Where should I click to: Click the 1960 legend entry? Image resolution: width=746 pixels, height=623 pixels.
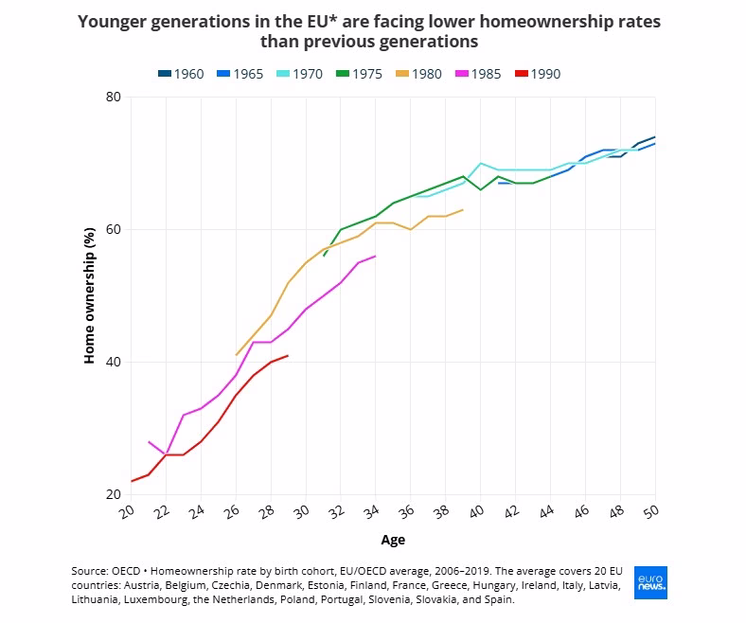(x=181, y=74)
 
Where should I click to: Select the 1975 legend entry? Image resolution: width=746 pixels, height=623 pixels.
(x=359, y=74)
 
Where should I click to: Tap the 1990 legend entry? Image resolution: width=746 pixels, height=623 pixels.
(x=538, y=74)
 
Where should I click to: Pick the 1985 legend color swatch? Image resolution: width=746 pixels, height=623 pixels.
(x=462, y=74)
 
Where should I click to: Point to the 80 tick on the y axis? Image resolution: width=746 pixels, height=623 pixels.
(x=114, y=97)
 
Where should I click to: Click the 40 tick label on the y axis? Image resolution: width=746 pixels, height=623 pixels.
(x=114, y=363)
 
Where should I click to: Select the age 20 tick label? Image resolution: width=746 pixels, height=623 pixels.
(x=127, y=511)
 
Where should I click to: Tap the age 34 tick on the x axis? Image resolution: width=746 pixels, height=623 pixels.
(x=371, y=511)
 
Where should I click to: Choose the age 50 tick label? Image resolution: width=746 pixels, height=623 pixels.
(x=651, y=511)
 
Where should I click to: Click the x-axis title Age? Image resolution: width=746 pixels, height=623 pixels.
(x=393, y=540)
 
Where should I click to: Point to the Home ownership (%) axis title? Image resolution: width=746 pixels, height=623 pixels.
(x=89, y=295)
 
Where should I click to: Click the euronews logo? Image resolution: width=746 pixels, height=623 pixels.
(x=650, y=582)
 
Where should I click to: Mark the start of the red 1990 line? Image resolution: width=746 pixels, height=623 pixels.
(x=132, y=481)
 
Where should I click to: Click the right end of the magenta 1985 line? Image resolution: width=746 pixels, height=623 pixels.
(x=376, y=256)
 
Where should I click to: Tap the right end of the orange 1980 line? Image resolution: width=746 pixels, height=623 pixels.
(x=463, y=209)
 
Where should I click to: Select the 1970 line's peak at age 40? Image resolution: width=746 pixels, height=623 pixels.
(x=481, y=163)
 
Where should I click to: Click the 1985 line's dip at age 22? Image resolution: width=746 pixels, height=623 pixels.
(x=166, y=454)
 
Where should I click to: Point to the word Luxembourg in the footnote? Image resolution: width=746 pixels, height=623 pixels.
(x=155, y=599)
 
